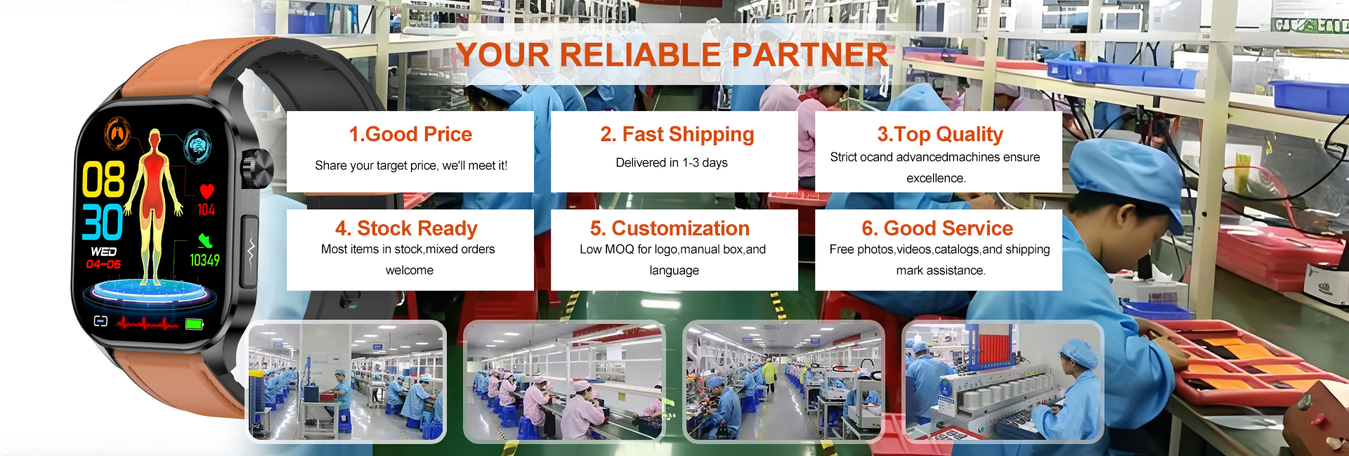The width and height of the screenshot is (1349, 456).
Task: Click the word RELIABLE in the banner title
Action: [641, 55]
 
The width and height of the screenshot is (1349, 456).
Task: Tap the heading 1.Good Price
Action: [410, 134]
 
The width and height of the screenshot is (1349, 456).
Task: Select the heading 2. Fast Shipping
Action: [677, 134]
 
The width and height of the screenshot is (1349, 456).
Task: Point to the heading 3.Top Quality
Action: [940, 134]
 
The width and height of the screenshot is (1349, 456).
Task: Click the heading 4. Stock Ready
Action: [406, 228]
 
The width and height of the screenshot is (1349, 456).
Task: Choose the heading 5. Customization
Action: [670, 228]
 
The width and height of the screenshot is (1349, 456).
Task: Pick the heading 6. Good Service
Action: [937, 228]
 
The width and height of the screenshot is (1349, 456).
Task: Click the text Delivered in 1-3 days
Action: [672, 163]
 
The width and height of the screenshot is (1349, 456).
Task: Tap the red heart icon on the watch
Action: [207, 191]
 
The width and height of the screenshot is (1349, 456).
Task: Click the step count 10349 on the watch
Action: [204, 261]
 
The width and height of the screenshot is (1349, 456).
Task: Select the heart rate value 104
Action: [206, 209]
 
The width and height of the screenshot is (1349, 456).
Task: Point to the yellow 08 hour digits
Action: [103, 180]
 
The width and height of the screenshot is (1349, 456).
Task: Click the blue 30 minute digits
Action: [103, 223]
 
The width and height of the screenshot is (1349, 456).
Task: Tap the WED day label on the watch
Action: [103, 252]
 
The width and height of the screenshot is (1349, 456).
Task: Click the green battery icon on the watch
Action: [195, 324]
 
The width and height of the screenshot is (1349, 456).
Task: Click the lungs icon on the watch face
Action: [117, 133]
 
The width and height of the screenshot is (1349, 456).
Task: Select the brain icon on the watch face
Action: [198, 145]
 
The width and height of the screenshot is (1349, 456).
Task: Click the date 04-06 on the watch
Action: [103, 264]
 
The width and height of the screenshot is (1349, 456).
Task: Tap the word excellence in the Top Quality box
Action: [936, 178]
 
